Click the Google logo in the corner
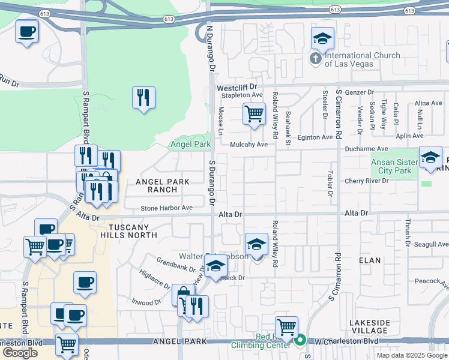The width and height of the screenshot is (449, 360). point(20,352)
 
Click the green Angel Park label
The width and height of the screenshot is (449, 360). point(190,145)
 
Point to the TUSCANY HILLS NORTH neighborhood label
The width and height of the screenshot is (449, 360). point(133,231)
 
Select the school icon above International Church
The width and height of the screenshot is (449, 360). point(322,39)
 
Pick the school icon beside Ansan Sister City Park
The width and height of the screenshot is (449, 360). point(430,157)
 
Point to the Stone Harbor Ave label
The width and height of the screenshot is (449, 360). point(166,208)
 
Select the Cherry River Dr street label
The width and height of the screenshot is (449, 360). point(367,181)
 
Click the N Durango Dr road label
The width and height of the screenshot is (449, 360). point(211,47)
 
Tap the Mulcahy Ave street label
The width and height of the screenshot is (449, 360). point(249,145)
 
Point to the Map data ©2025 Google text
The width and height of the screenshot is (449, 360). point(411,355)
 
